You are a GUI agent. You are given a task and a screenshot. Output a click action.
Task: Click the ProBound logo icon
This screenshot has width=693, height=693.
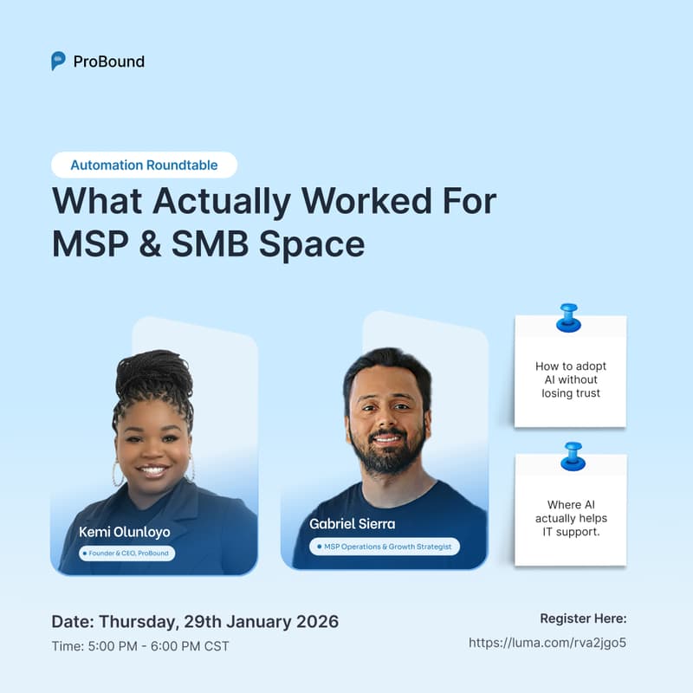[58, 61]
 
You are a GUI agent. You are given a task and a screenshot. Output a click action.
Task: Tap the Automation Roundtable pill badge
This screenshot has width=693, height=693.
[144, 165]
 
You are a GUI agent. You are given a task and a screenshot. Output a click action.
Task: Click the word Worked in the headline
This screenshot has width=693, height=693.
[345, 201]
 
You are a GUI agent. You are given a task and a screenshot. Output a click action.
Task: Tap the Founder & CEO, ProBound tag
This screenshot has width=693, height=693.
[127, 553]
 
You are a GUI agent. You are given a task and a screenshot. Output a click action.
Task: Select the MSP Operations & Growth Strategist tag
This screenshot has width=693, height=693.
[385, 547]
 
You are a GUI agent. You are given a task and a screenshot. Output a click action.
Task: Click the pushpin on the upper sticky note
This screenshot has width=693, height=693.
[569, 316]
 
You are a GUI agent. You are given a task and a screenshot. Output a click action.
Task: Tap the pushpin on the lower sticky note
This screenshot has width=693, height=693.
[572, 456]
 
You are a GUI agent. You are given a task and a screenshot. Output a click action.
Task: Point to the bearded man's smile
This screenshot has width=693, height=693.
[386, 439]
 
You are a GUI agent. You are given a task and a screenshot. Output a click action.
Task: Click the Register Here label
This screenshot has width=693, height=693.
[583, 619]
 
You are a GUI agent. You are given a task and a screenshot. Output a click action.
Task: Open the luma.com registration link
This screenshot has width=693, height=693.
[547, 643]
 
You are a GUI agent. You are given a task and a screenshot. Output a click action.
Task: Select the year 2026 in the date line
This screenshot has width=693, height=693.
[313, 621]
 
